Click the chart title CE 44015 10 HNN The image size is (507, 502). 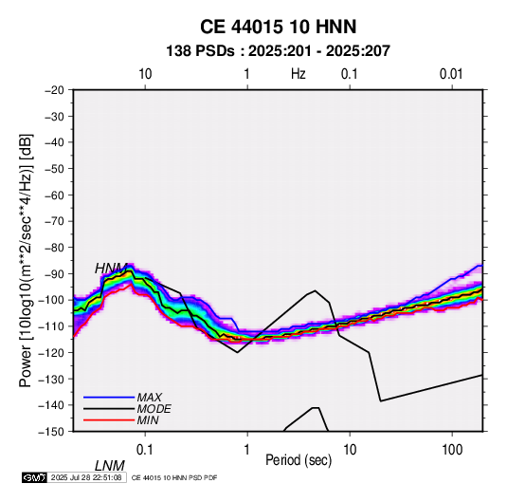278,27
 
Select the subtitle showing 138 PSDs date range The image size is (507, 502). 278,51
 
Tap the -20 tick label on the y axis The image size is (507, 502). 54,90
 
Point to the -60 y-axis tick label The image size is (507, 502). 54,195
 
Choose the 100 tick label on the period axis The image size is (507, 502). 452,450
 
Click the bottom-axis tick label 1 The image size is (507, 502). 247,450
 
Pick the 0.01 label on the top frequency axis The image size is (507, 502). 451,74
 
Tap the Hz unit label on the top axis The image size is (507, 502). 299,74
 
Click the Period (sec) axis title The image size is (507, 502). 299,460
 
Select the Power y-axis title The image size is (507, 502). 26,261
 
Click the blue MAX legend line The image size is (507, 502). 109,398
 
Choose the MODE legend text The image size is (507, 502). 154,409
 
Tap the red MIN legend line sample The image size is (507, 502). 109,420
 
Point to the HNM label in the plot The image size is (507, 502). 111,269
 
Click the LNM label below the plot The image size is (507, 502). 110,466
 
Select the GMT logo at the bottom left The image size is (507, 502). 35,477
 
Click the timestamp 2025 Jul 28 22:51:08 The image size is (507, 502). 86,477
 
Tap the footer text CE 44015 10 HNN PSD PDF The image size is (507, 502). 174,477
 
